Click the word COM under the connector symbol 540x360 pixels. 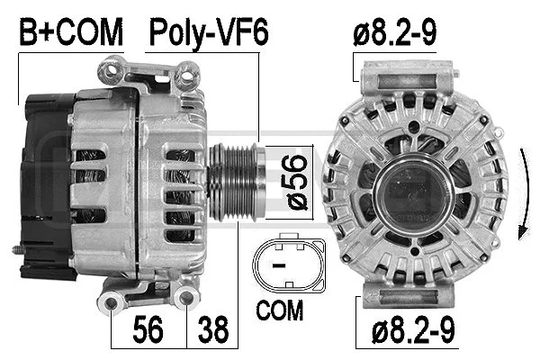click(280, 312)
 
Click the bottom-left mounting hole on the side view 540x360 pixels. click(114, 301)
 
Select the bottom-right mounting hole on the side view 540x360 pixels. click(188, 296)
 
